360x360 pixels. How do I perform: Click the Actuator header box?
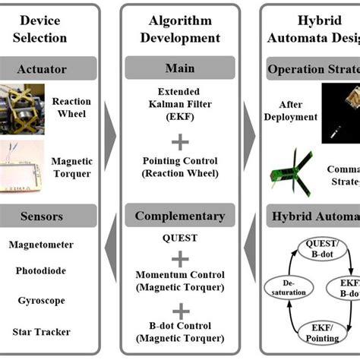pyautogui.click(x=49, y=69)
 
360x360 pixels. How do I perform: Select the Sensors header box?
pyautogui.click(x=49, y=217)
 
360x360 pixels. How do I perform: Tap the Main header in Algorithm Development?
pyautogui.click(x=179, y=69)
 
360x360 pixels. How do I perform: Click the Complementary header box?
pyautogui.click(x=179, y=216)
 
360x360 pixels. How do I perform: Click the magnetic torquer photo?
pyautogui.click(x=25, y=166)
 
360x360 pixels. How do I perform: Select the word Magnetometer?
pyautogui.click(x=46, y=245)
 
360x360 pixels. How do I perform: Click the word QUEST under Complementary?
pyautogui.click(x=180, y=238)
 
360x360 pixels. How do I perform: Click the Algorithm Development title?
pyautogui.click(x=179, y=29)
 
